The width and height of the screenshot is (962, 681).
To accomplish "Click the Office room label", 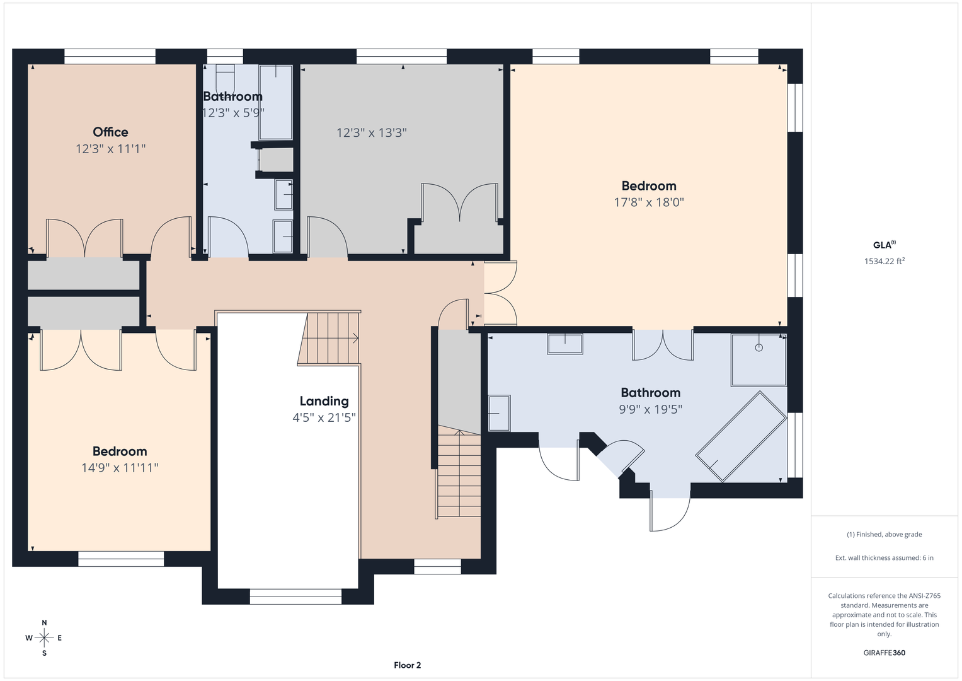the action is pyautogui.click(x=110, y=132).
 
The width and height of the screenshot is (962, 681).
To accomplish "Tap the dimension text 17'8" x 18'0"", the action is pyautogui.click(x=649, y=202).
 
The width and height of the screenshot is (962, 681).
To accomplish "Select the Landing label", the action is pyautogui.click(x=324, y=401).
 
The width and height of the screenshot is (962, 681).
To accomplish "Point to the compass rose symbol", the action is pyautogui.click(x=44, y=637).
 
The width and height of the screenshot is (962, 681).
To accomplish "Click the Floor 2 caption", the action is pyautogui.click(x=408, y=665).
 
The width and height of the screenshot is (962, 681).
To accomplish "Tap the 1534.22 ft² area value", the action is pyautogui.click(x=885, y=261).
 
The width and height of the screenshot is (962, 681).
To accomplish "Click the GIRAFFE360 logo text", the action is pyautogui.click(x=885, y=653).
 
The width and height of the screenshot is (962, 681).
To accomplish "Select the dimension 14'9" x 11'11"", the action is pyautogui.click(x=120, y=468).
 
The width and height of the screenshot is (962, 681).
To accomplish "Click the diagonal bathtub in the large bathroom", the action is pyautogui.click(x=742, y=436).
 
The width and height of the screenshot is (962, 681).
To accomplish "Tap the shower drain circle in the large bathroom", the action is pyautogui.click(x=759, y=348).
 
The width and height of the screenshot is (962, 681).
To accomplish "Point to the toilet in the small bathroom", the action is pyautogui.click(x=225, y=78).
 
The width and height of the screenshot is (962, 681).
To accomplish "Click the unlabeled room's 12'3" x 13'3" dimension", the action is pyautogui.click(x=372, y=132).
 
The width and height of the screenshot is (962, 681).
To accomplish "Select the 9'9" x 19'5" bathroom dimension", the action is pyautogui.click(x=651, y=409).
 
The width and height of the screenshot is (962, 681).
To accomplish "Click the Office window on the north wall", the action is pyautogui.click(x=110, y=57).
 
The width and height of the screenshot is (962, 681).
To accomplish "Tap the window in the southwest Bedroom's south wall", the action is pyautogui.click(x=121, y=559).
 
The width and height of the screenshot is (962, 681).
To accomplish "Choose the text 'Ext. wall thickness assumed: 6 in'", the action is pyautogui.click(x=885, y=557).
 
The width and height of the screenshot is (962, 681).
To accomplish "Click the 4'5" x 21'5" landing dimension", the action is pyautogui.click(x=324, y=417).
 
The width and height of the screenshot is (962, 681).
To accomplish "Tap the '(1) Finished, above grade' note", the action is pyautogui.click(x=885, y=535).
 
